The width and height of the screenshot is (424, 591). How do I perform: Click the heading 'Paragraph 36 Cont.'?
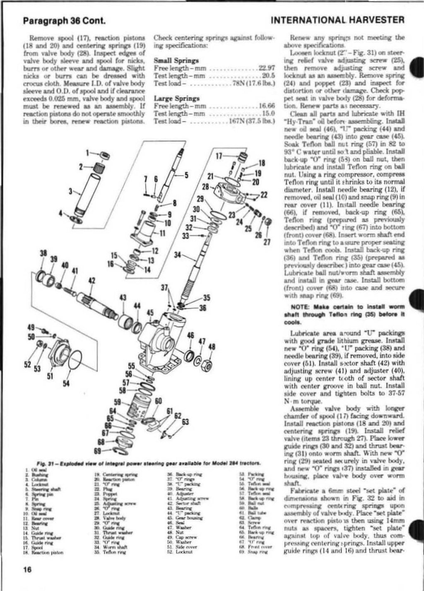pyautogui.click(x=56, y=19)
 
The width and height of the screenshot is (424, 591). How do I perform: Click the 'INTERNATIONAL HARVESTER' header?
pyautogui.click(x=337, y=19)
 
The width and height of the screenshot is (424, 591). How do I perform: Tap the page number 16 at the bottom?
pyautogui.click(x=28, y=569)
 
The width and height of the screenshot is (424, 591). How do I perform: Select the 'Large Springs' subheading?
pyautogui.click(x=177, y=99)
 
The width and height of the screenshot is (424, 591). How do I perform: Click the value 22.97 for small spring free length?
pyautogui.click(x=267, y=68)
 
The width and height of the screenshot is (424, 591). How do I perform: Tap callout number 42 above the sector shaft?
pyautogui.click(x=92, y=280)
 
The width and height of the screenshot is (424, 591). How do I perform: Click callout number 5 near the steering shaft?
pyautogui.click(x=186, y=174)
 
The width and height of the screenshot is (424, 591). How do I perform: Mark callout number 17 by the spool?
pyautogui.click(x=219, y=156)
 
